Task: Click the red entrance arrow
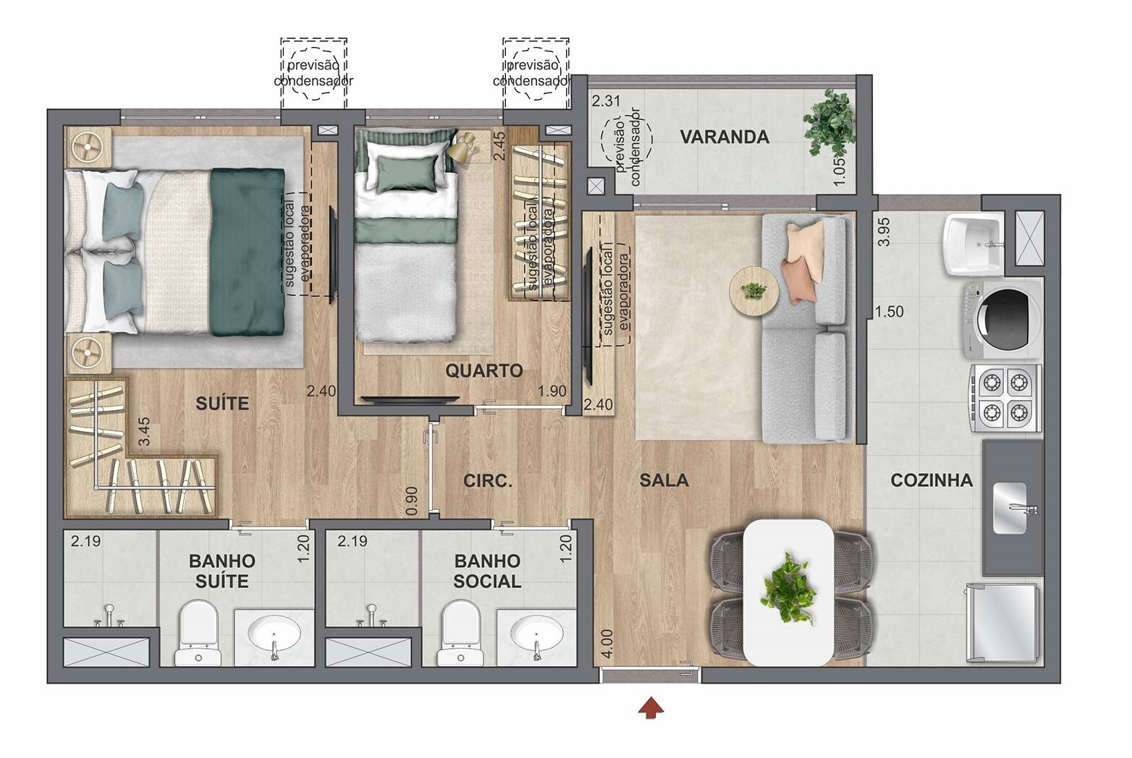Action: point(651,707)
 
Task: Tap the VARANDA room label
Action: point(724,137)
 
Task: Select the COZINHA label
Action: point(931,480)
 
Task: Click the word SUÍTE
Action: point(222,404)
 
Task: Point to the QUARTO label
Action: point(483,371)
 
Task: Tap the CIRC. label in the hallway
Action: point(488,480)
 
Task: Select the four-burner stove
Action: point(1005,397)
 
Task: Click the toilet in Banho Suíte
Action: point(198,632)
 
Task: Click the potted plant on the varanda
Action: point(829,121)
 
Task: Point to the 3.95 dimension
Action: point(883,231)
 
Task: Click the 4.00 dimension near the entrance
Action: point(607,642)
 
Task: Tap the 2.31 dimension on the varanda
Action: point(606,101)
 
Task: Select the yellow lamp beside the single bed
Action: point(461,148)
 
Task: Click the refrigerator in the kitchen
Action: point(1005,622)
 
